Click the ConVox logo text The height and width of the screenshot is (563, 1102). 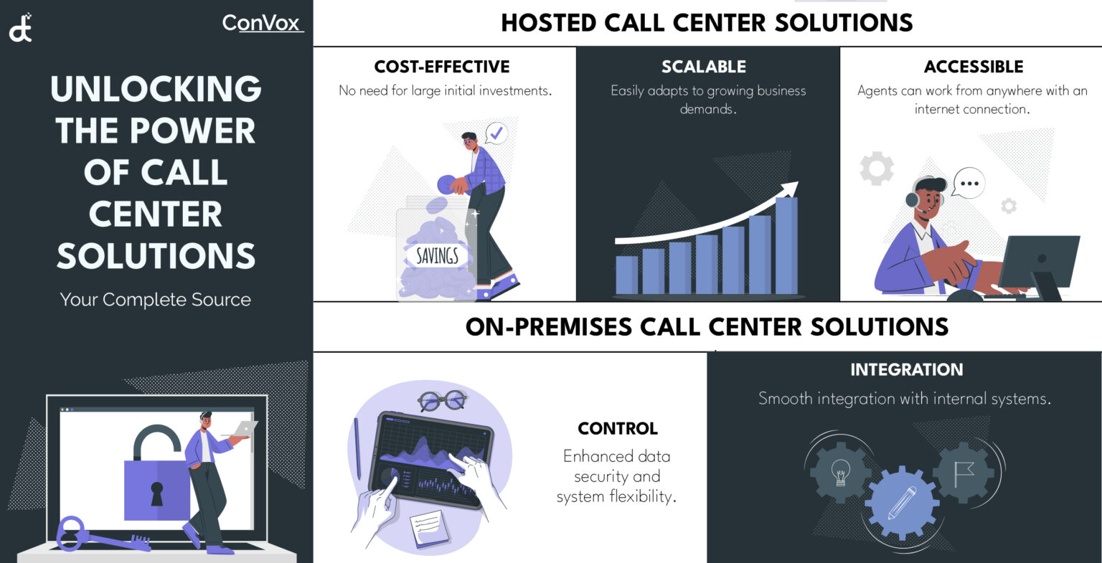[261, 23]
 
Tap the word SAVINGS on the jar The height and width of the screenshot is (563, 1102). [437, 255]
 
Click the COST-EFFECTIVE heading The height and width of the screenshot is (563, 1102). [442, 67]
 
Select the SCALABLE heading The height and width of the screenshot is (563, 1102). [704, 67]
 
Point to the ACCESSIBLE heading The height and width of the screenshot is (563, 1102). [974, 67]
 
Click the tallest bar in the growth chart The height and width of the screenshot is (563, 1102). [786, 245]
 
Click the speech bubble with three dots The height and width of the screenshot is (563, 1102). [969, 184]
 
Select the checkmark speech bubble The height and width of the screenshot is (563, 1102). [496, 133]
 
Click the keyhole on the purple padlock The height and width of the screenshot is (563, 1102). [156, 493]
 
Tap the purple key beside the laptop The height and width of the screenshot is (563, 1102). [93, 535]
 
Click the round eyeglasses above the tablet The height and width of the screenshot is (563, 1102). [442, 400]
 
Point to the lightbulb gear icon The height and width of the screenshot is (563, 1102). [840, 473]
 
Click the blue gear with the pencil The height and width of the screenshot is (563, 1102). [901, 503]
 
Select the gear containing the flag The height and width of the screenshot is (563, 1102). [964, 473]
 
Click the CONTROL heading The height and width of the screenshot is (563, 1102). [618, 429]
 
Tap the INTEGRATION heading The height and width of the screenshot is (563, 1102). [906, 370]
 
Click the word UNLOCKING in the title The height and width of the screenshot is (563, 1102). [156, 89]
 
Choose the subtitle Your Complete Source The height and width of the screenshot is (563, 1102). [156, 300]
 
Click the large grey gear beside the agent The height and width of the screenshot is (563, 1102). [877, 169]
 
